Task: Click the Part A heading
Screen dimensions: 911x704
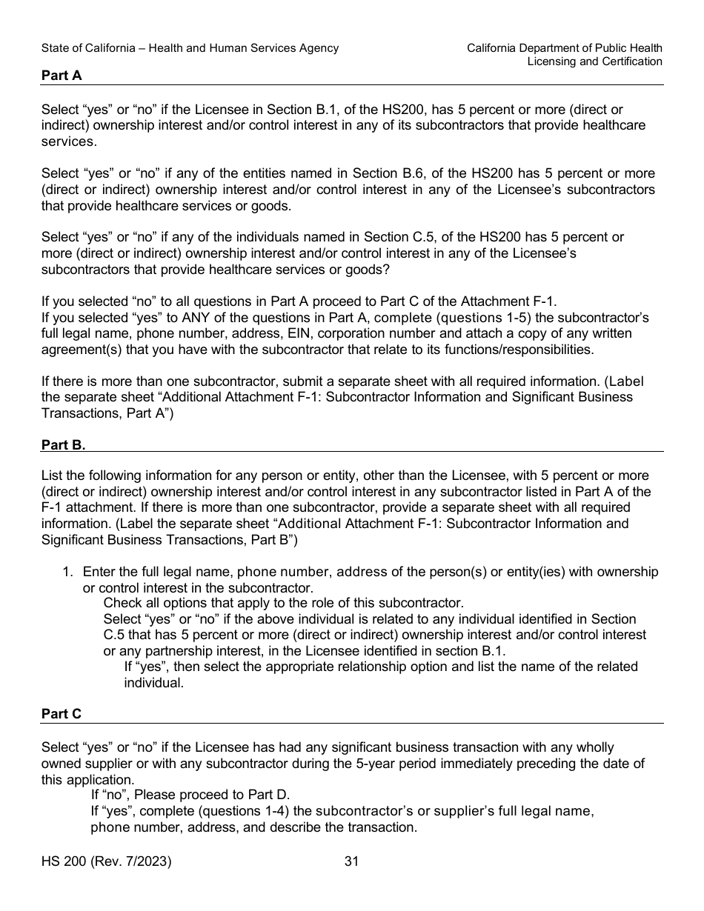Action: [62, 75]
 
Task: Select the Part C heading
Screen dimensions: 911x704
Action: [62, 714]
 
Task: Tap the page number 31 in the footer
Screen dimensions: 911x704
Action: [352, 861]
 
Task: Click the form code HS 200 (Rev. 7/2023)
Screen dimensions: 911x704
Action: [107, 861]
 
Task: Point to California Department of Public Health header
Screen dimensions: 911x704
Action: [565, 48]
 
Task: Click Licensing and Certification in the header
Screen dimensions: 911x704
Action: [594, 61]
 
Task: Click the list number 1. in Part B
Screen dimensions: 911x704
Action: [68, 572]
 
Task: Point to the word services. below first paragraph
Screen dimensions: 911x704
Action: [68, 141]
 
